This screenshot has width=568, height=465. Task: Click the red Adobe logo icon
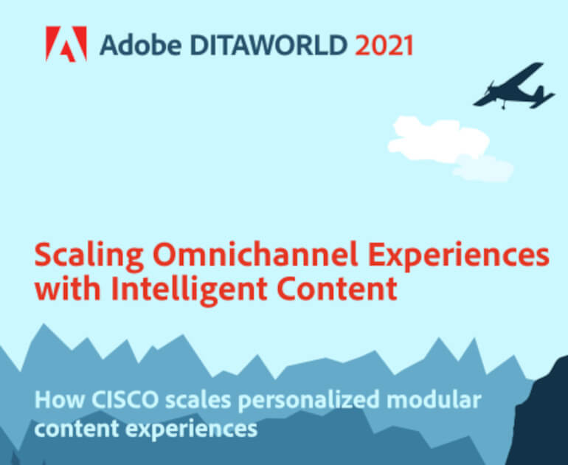[x=66, y=44]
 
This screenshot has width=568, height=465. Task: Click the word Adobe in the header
[x=141, y=45]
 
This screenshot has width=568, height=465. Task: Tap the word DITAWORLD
[x=269, y=45]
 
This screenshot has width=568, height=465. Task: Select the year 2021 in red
[x=384, y=45]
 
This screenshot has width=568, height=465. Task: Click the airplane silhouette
[x=513, y=86]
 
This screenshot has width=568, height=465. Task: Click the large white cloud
[x=438, y=139]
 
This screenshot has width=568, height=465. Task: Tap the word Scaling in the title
[x=89, y=255]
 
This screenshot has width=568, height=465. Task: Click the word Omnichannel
[x=255, y=254]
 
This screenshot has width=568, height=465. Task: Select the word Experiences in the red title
[x=459, y=255]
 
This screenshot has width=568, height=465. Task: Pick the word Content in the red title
[x=337, y=289]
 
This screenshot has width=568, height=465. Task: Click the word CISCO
[x=125, y=400]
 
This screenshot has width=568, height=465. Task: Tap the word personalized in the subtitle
[x=308, y=402]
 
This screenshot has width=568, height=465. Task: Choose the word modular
[x=434, y=400]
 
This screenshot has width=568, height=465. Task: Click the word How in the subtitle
[x=60, y=400]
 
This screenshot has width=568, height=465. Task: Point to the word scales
[x=198, y=400]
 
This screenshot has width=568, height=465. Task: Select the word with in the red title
[x=67, y=289]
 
